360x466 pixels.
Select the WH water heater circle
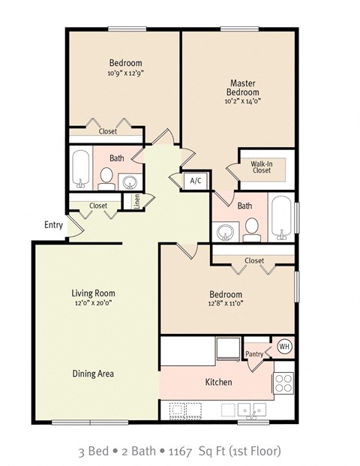pyautogui.click(x=284, y=346)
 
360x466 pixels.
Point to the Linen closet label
pyautogui.click(x=136, y=201)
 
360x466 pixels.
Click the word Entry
pyautogui.click(x=53, y=224)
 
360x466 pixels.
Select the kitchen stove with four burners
pyautogui.click(x=284, y=383)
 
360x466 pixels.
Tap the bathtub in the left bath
pyautogui.click(x=81, y=169)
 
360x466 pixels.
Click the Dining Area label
pyautogui.click(x=94, y=373)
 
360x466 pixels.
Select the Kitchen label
pyautogui.click(x=219, y=382)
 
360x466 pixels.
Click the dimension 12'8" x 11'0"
pyautogui.click(x=226, y=304)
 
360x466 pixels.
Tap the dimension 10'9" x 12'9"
pyautogui.click(x=125, y=73)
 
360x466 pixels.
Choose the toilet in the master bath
pyautogui.click(x=252, y=229)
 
